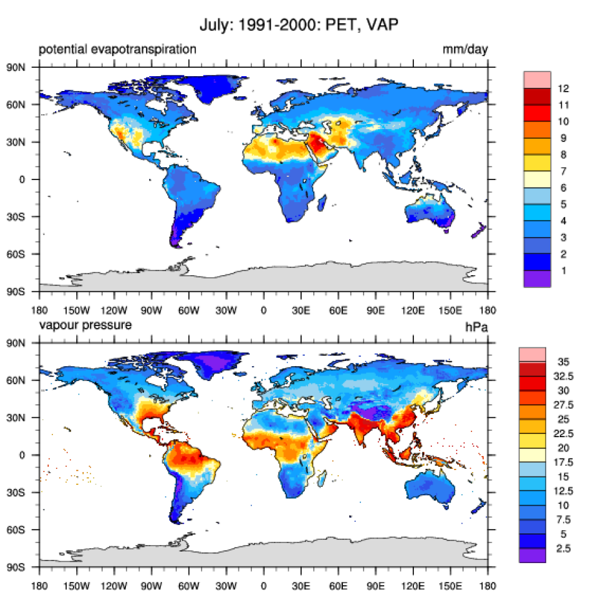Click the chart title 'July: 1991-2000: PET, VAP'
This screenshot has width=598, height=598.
[x=299, y=26]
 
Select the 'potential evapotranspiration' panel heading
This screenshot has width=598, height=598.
[x=117, y=49]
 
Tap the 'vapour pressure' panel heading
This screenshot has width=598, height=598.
[x=85, y=325]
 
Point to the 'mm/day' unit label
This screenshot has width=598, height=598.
[x=465, y=50]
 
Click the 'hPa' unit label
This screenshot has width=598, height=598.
[x=477, y=327]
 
